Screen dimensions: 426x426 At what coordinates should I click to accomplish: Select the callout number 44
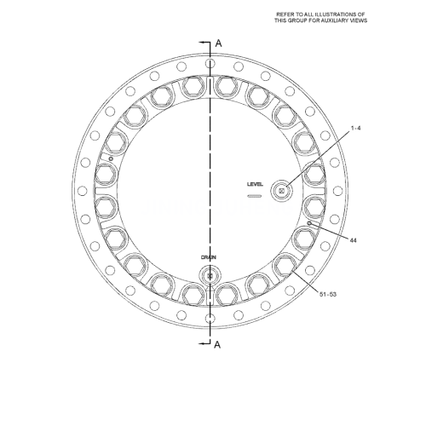point(353,240)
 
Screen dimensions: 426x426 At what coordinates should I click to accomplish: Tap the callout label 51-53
point(328,295)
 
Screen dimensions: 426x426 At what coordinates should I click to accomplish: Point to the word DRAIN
point(209,256)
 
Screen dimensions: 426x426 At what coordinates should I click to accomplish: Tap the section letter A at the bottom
point(218,345)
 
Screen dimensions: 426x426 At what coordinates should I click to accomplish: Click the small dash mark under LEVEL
point(253,196)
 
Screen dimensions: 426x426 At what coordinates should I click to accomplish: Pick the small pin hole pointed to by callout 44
point(308,223)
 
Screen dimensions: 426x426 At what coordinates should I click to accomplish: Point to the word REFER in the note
point(285,14)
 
